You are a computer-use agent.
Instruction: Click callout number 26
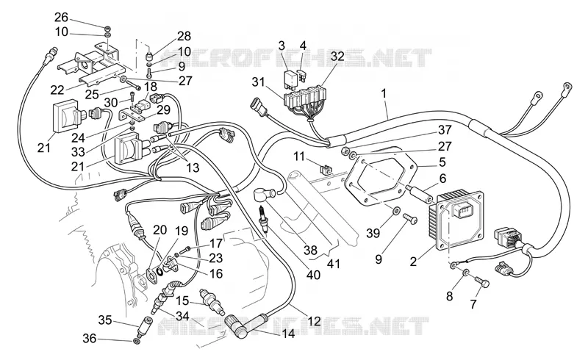click(61, 17)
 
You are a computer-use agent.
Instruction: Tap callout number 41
click(334, 264)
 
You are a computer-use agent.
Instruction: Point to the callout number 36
click(90, 338)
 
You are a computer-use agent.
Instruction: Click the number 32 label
click(337, 57)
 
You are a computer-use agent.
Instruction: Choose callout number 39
click(373, 233)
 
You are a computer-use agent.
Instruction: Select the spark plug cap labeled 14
click(240, 325)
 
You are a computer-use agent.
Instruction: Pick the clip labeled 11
click(325, 170)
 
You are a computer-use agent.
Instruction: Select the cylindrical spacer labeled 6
click(417, 192)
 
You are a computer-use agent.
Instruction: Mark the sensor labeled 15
click(212, 300)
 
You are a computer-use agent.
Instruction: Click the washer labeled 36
click(137, 342)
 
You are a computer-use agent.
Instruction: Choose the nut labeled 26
click(107, 29)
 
